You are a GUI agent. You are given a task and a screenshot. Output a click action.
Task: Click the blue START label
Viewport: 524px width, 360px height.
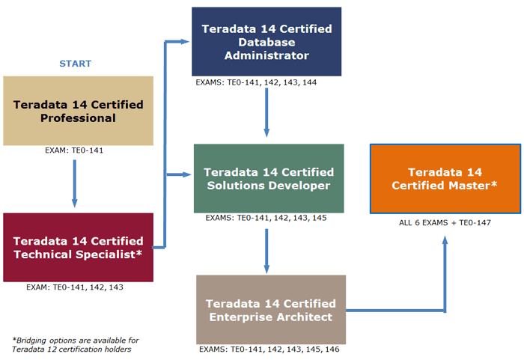pyautogui.click(x=75, y=64)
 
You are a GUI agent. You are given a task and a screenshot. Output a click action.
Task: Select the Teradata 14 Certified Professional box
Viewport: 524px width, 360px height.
pyautogui.click(x=78, y=111)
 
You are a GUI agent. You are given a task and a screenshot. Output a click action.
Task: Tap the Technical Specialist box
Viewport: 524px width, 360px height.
pyautogui.click(x=78, y=247)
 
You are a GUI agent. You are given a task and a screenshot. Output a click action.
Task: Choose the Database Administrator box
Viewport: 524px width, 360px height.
pyautogui.click(x=266, y=42)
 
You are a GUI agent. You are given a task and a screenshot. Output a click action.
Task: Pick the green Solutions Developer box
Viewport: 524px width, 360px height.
pyautogui.click(x=269, y=178)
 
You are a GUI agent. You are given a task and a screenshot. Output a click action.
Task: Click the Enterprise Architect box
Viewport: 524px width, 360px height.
pyautogui.click(x=271, y=310)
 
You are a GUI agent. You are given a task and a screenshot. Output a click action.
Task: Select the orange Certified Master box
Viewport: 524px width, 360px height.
pyautogui.click(x=445, y=179)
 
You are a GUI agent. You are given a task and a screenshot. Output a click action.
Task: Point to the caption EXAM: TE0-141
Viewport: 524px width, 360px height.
pyautogui.click(x=74, y=150)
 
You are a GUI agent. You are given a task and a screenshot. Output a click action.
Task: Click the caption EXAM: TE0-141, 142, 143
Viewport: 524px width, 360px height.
pyautogui.click(x=75, y=287)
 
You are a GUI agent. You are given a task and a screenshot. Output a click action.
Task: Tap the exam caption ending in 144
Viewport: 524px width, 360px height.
pyautogui.click(x=256, y=82)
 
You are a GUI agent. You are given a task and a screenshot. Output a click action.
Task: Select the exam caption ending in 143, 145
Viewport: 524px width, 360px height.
pyautogui.click(x=266, y=218)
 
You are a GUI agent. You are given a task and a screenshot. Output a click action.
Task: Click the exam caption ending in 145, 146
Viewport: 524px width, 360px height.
pyautogui.click(x=269, y=350)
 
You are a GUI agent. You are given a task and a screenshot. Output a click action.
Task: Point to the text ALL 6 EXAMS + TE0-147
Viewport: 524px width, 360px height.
pyautogui.click(x=445, y=222)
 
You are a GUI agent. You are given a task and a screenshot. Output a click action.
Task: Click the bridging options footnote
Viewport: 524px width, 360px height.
pyautogui.click(x=75, y=344)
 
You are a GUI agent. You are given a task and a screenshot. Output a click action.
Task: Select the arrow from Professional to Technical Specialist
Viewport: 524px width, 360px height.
pyautogui.click(x=75, y=183)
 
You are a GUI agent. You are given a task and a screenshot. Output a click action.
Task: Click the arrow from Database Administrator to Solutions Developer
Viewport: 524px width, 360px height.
pyautogui.click(x=266, y=112)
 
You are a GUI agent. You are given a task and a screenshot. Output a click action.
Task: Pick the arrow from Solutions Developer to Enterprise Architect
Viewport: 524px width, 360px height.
pyautogui.click(x=266, y=251)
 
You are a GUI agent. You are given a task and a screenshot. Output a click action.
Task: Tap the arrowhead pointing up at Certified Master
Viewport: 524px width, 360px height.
pyautogui.click(x=445, y=240)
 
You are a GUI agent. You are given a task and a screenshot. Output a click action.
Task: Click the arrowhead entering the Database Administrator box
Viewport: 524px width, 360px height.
pyautogui.click(x=185, y=42)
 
